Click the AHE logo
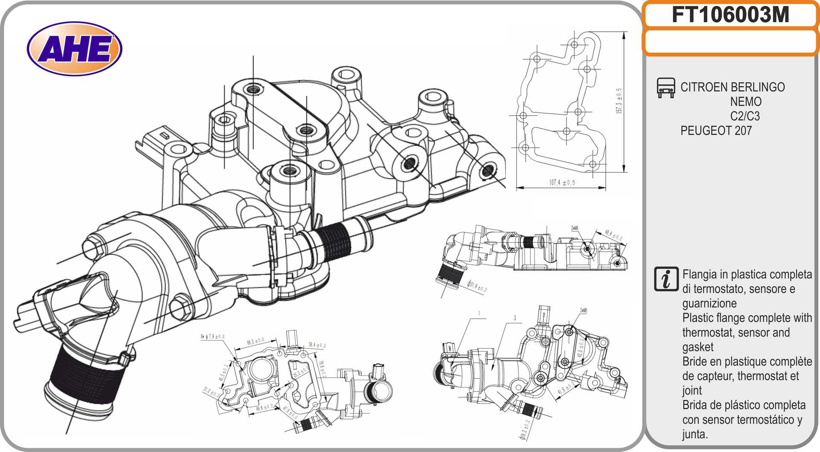(74, 49)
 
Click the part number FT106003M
(730, 15)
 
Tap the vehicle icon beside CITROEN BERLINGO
(665, 88)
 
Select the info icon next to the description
(666, 279)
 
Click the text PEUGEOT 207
(716, 131)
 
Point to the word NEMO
(745, 102)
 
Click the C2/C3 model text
(745, 116)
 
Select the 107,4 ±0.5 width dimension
(562, 182)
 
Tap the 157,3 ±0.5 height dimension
(619, 101)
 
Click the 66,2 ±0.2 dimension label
(255, 341)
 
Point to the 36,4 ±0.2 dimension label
(317, 345)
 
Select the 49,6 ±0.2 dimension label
(264, 408)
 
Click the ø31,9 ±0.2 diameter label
(477, 286)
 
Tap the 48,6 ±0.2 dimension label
(613, 235)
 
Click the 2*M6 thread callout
(574, 229)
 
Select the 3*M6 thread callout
(583, 311)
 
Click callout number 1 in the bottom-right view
(479, 314)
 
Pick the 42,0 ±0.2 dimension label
(580, 348)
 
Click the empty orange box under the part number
(730, 42)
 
